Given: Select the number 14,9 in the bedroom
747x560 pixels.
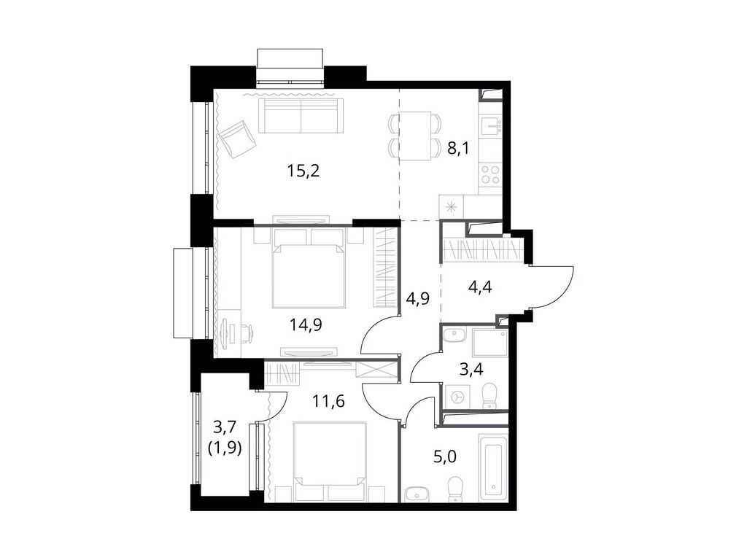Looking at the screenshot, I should [306, 326].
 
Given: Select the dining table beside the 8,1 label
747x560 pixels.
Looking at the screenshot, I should [414, 136].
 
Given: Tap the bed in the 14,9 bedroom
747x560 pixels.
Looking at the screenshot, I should [309, 268].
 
